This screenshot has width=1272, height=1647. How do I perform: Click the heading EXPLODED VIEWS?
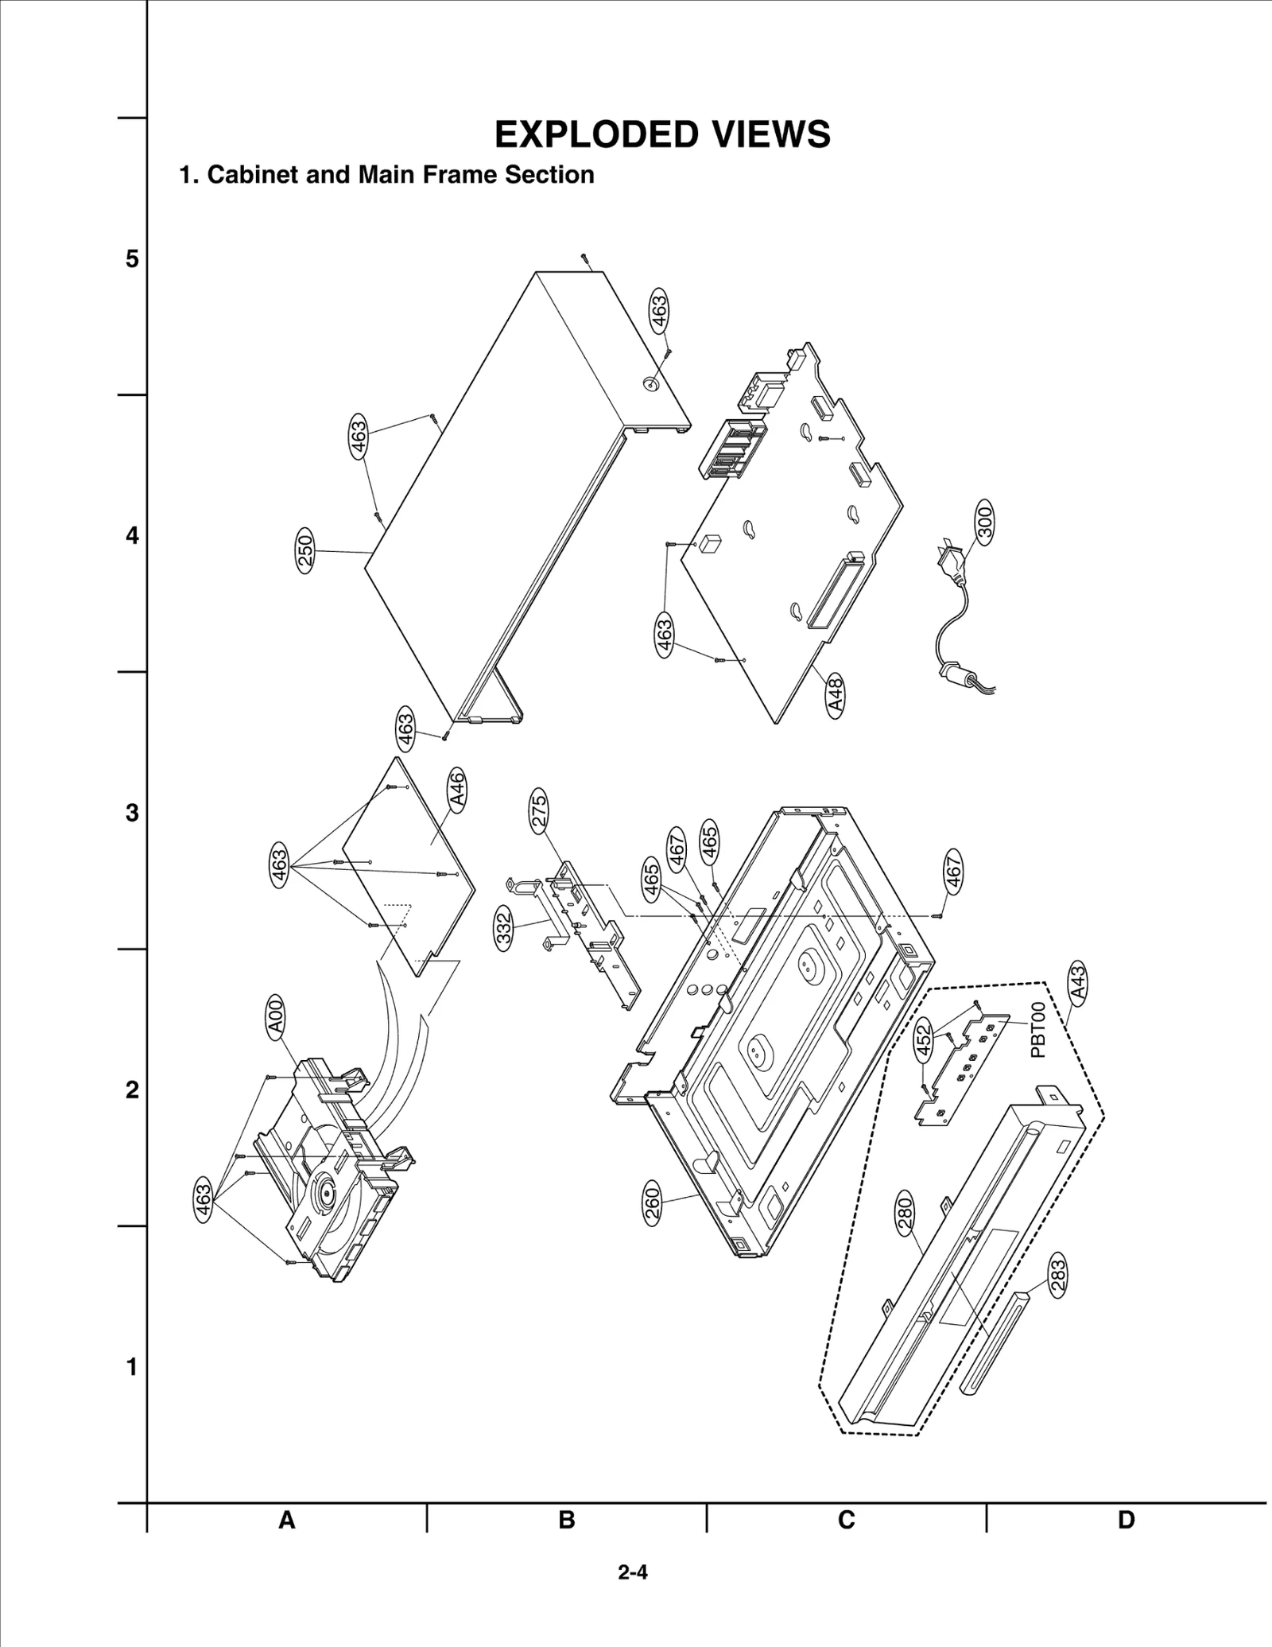662,134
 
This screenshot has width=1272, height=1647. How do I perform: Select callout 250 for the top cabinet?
305,550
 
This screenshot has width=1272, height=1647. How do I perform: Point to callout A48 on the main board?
836,695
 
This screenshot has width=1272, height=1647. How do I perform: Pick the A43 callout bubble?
1078,982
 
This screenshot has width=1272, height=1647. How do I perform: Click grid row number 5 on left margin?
132,259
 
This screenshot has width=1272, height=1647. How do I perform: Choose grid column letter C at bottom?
846,1520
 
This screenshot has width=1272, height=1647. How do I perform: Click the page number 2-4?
633,1572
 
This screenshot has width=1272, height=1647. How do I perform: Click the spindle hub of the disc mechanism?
326,1194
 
